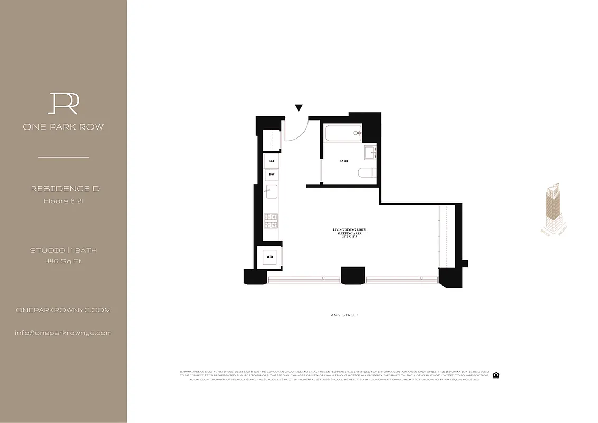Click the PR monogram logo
coord(63,103)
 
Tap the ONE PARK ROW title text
coord(63,127)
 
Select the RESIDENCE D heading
coord(65,189)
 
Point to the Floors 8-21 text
coord(63,201)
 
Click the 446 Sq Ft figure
coord(63,261)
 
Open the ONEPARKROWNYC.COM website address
coord(63,310)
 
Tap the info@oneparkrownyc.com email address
coord(63,333)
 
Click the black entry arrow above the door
coord(298,108)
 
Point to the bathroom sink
coord(369,153)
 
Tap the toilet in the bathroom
coord(366,173)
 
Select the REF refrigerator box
coord(272,160)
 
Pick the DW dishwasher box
coord(272,174)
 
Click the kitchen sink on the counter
coord(271,191)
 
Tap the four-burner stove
coord(271,220)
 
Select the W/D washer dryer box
coord(270,258)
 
